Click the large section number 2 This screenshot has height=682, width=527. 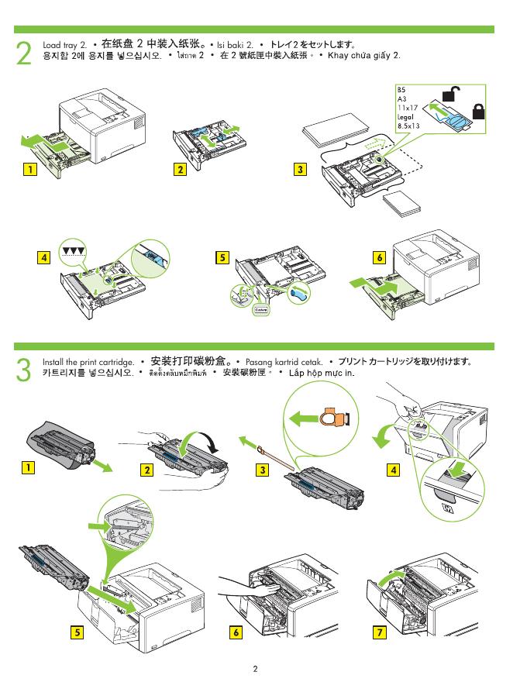pyautogui.click(x=25, y=53)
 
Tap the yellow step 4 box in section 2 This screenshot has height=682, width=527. pyautogui.click(x=46, y=257)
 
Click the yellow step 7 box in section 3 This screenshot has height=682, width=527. pyautogui.click(x=379, y=632)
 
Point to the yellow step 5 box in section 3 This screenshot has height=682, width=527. pyautogui.click(x=77, y=632)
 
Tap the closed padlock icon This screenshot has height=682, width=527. pyautogui.click(x=478, y=110)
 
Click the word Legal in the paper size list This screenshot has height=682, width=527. pyautogui.click(x=405, y=116)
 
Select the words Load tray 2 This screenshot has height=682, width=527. pyautogui.click(x=64, y=46)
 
